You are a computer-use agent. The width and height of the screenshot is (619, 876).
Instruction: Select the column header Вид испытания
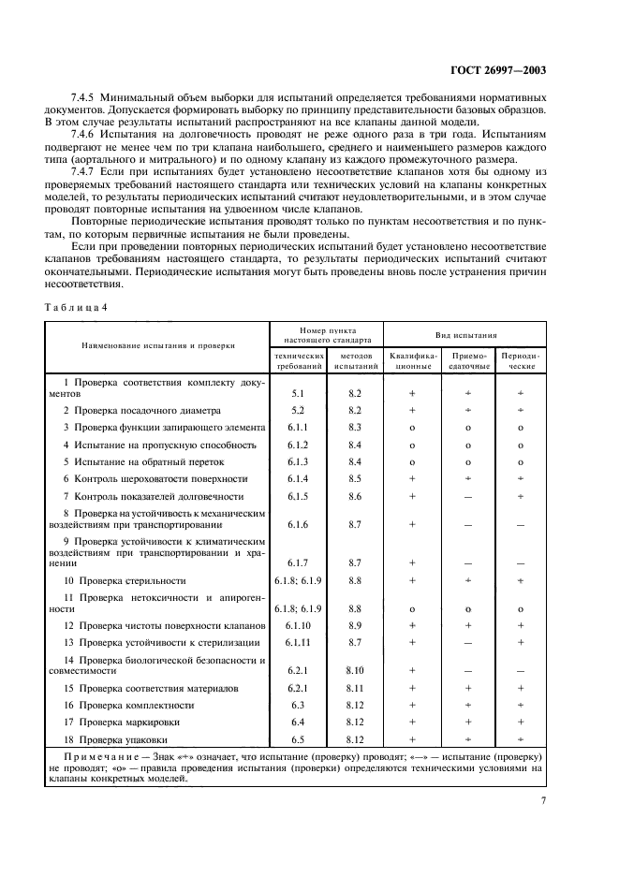(x=465, y=334)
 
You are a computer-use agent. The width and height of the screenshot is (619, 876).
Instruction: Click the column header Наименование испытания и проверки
(x=158, y=345)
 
